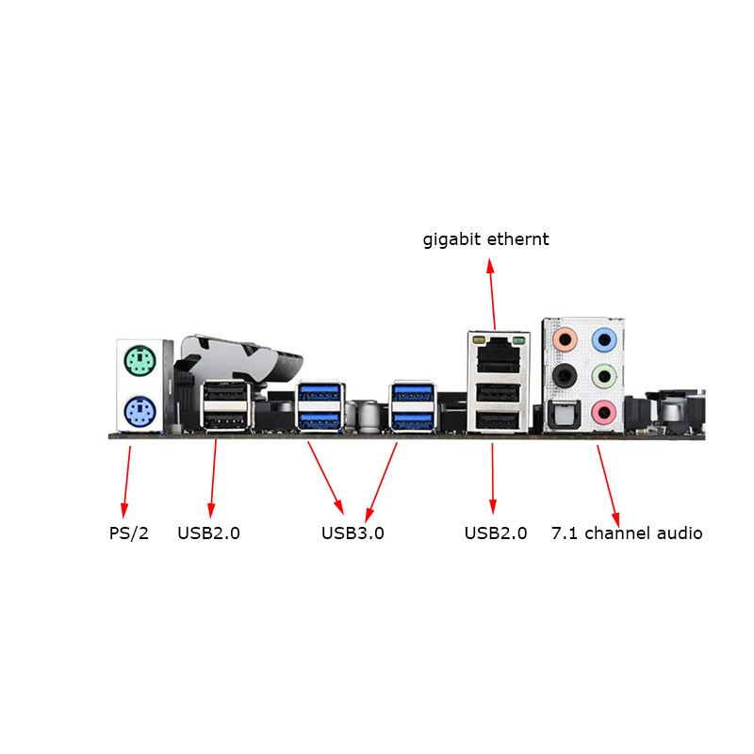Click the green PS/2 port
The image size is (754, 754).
click(x=139, y=361)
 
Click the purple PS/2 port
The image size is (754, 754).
click(x=139, y=412)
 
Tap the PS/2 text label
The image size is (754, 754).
click(x=129, y=533)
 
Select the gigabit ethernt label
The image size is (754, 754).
click(x=485, y=239)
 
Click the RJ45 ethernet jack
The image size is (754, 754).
click(x=499, y=355)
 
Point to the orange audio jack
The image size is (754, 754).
click(x=565, y=340)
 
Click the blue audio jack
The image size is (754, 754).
click(x=604, y=340)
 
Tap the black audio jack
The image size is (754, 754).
click(x=565, y=376)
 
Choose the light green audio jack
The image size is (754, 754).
click(x=604, y=376)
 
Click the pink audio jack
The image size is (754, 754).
click(x=604, y=413)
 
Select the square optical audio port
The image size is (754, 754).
click(x=565, y=415)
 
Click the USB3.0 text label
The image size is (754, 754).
click(x=352, y=533)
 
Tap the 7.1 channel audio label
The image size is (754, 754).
click(x=627, y=533)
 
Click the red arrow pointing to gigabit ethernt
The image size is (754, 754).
click(x=492, y=294)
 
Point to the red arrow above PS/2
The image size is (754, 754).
click(x=126, y=482)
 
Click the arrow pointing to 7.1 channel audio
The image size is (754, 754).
click(x=608, y=485)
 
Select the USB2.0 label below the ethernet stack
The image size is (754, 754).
click(x=496, y=533)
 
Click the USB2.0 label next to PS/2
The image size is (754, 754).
click(x=208, y=533)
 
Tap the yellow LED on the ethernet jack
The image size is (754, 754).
click(x=479, y=340)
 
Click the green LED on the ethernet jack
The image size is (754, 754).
click(x=519, y=341)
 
